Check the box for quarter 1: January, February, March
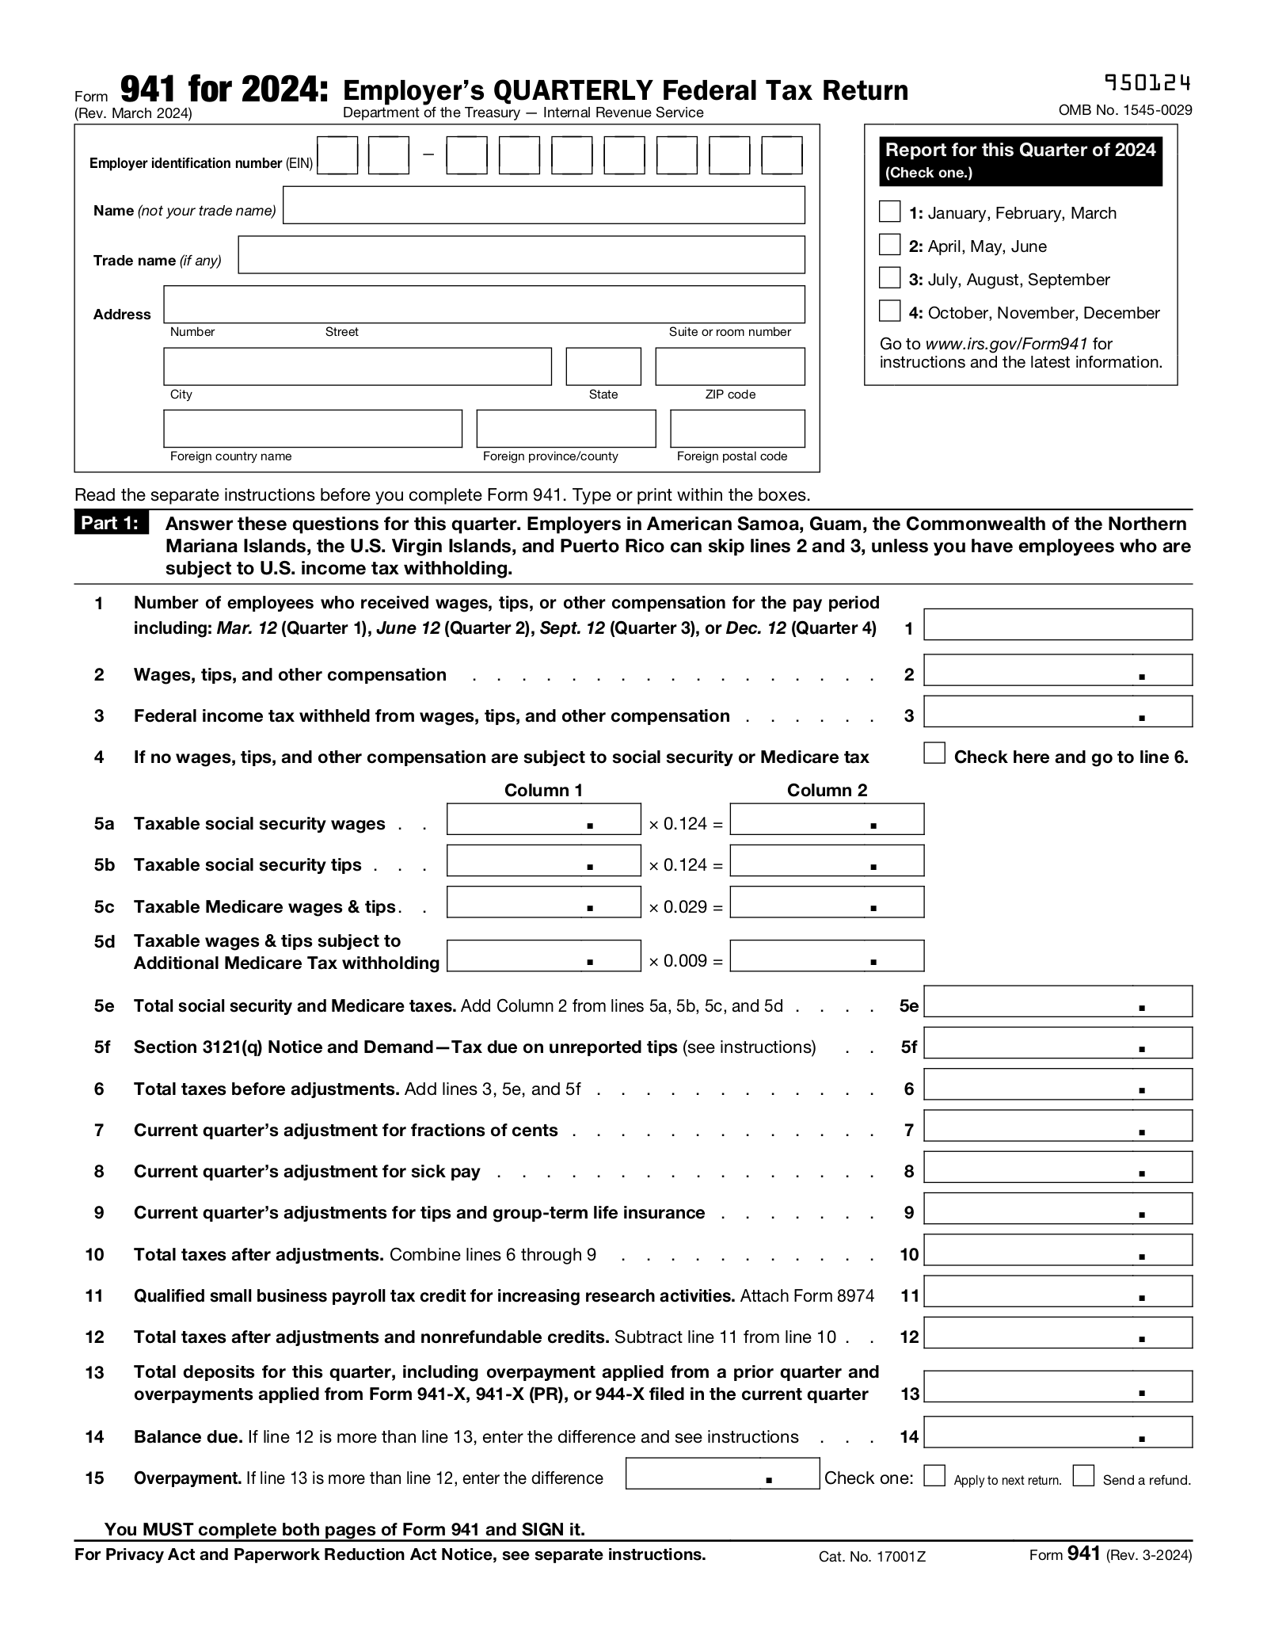(889, 212)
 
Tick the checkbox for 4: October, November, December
(889, 311)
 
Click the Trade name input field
(521, 254)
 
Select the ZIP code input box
(729, 366)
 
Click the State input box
(603, 366)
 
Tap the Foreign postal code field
(736, 429)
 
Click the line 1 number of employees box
(1057, 624)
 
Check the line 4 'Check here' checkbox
(934, 753)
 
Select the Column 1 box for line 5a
(543, 819)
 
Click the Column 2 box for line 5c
(826, 902)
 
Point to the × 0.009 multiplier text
(685, 961)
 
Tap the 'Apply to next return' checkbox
(934, 1476)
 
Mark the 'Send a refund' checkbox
(1083, 1476)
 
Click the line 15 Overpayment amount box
(721, 1474)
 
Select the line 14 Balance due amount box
(1057, 1432)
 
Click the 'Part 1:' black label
(111, 524)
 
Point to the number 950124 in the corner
(1147, 83)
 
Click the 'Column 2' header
(826, 790)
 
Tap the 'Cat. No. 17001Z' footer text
(872, 1557)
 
